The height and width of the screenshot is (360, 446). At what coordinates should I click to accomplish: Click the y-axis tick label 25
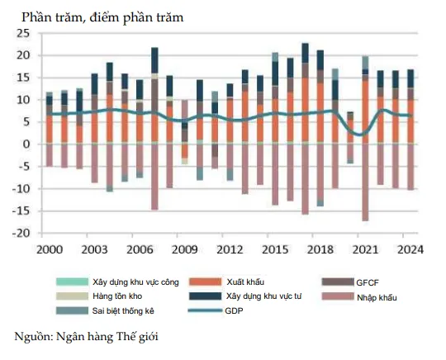click(21, 33)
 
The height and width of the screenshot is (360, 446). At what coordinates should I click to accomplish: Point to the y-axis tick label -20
click(19, 234)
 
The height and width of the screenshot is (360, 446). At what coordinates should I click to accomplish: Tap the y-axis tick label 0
click(26, 144)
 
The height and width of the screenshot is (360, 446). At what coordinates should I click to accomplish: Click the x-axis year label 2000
click(49, 249)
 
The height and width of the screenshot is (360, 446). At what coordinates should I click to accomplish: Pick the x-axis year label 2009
click(184, 249)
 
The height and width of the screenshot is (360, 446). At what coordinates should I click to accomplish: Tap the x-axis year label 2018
click(320, 249)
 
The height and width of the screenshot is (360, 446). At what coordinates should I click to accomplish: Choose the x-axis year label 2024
click(410, 249)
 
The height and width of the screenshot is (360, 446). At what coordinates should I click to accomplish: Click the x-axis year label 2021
click(364, 249)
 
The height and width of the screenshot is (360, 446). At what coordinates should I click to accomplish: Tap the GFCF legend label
click(366, 282)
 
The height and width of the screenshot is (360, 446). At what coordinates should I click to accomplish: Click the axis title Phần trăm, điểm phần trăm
click(103, 17)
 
